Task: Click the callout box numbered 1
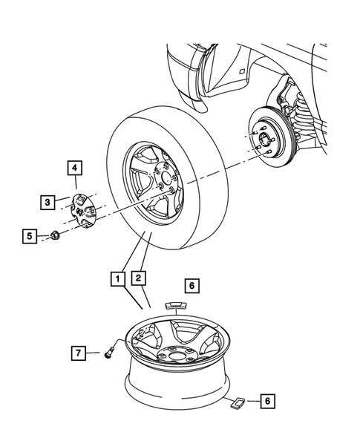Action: [115, 280]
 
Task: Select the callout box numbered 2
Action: [137, 280]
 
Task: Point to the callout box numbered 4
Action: [75, 169]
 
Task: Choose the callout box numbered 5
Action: [30, 237]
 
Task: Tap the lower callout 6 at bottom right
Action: [269, 402]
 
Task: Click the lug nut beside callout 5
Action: [55, 237]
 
